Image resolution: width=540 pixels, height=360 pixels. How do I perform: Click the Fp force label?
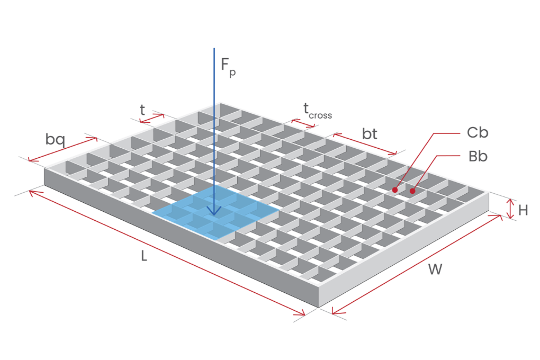click(x=228, y=67)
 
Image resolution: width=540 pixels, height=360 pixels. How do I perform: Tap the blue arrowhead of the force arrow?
click(x=214, y=211)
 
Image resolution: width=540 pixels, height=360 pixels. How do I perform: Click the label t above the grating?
click(x=142, y=110)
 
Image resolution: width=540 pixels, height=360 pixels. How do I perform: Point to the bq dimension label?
click(x=55, y=140)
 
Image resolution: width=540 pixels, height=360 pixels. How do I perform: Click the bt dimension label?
click(x=370, y=134)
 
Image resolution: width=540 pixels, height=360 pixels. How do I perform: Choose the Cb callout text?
click(x=478, y=133)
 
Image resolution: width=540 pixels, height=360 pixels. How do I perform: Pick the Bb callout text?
click(x=478, y=156)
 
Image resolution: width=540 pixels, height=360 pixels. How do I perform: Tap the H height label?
click(x=523, y=210)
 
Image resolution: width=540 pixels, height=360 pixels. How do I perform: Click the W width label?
click(x=435, y=269)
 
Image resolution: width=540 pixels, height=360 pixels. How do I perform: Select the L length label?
click(x=144, y=256)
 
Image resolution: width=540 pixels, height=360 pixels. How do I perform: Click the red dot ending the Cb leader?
click(x=395, y=190)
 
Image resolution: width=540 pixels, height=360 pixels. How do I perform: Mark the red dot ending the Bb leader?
click(x=412, y=191)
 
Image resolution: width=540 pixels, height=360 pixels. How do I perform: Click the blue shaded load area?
click(x=215, y=212)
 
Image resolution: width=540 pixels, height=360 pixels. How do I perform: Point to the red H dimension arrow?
click(x=511, y=209)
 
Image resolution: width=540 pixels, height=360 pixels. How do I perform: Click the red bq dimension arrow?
click(x=63, y=149)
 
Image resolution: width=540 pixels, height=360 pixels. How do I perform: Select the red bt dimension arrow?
click(x=365, y=143)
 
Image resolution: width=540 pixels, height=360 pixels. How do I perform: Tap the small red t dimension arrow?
click(x=152, y=118)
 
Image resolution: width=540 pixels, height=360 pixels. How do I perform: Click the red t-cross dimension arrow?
click(x=303, y=123)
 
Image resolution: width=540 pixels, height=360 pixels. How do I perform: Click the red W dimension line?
click(x=417, y=264)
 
